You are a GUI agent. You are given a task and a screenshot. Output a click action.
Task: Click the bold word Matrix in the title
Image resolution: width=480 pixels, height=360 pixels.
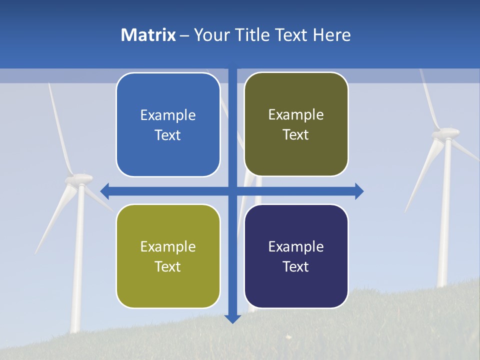(x=148, y=35)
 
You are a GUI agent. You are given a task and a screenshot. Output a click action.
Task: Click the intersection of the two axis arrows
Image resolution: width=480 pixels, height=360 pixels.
(x=232, y=191)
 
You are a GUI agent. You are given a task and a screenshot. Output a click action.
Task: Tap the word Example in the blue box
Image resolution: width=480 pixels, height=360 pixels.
(x=168, y=115)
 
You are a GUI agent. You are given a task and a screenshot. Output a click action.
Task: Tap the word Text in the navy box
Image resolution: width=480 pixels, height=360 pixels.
(x=296, y=266)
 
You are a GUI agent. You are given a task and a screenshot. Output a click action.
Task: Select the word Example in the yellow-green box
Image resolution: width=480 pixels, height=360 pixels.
(x=168, y=246)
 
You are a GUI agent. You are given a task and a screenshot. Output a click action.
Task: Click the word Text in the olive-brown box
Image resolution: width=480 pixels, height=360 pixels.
(x=296, y=134)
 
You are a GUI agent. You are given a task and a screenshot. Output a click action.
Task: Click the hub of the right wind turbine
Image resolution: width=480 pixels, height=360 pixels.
(x=445, y=133)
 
